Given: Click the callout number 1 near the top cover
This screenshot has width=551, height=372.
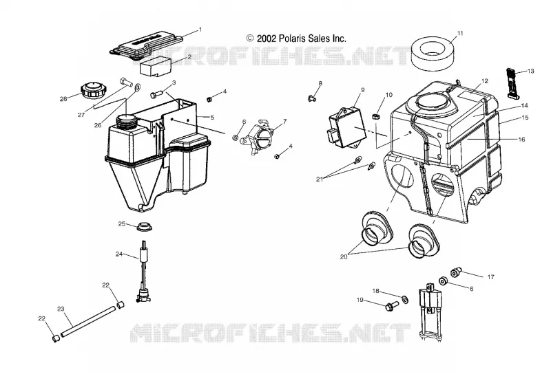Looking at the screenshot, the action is coord(200,30).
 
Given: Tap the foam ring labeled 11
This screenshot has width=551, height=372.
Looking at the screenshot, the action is coord(435,54).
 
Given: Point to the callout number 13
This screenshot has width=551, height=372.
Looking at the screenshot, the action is coord(530,72).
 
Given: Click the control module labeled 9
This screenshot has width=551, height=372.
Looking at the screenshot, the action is coord(347,127).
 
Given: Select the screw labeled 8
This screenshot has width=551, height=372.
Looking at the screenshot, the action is coord(311,98).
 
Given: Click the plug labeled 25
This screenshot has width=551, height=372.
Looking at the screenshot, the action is coord(144,227).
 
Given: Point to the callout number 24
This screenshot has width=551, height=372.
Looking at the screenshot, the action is coord(119,254).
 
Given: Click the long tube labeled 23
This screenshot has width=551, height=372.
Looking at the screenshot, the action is coord(88,322).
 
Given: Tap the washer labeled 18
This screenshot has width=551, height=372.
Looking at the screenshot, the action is coord(404,299).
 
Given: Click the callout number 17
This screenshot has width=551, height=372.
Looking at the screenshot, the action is coord(490,277).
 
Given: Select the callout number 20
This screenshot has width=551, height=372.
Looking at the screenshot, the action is coord(343,256).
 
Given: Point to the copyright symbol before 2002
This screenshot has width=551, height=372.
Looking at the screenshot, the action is coord(250,38).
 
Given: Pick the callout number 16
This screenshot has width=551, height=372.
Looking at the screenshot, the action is coord(521,140).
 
